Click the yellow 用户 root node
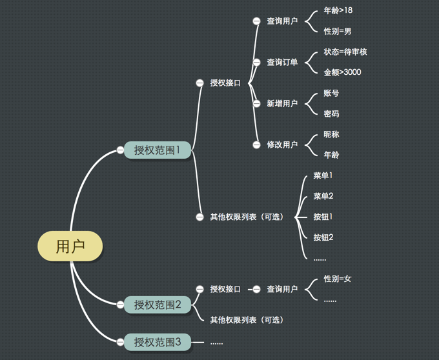click(x=70, y=246)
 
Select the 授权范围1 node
click(x=158, y=150)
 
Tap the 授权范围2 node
click(x=158, y=305)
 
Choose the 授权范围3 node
click(x=158, y=342)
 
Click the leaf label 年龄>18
click(x=338, y=10)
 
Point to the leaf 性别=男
click(x=337, y=31)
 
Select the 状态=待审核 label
click(x=345, y=52)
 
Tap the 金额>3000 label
click(x=342, y=72)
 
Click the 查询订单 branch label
click(x=282, y=62)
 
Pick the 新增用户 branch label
click(x=282, y=103)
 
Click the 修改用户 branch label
click(x=282, y=145)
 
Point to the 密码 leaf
click(x=331, y=114)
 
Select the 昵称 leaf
click(x=331, y=134)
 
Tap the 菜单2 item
click(x=323, y=196)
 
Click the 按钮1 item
click(x=323, y=217)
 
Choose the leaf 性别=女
click(x=337, y=279)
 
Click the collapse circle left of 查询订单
click(x=256, y=63)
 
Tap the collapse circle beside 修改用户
click(x=256, y=145)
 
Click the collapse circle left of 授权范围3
click(x=120, y=343)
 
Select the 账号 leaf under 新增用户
click(x=331, y=93)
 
